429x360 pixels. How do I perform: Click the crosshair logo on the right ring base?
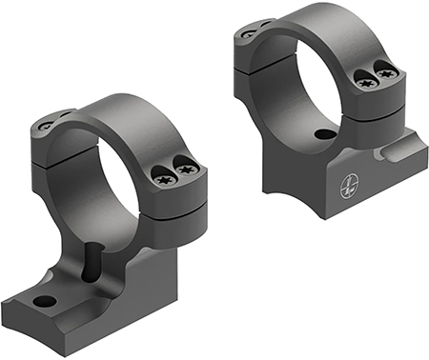click(345, 190)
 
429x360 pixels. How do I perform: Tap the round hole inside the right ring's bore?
click(328, 135)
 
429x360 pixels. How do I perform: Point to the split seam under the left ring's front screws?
click(176, 195)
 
